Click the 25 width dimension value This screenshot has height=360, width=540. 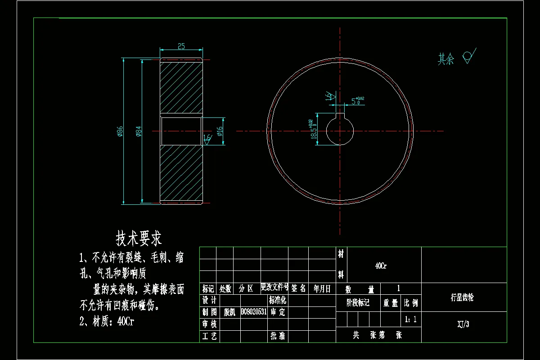click(181, 46)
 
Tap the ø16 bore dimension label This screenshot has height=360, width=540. click(220, 131)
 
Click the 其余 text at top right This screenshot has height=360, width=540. click(446, 59)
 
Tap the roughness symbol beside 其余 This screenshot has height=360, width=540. click(469, 56)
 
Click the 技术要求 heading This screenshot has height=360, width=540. click(139, 238)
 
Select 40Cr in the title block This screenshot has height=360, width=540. click(381, 266)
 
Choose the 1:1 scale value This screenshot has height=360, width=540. click(410, 320)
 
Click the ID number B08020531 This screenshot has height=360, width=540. click(254, 312)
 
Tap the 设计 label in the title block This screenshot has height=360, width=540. click(210, 300)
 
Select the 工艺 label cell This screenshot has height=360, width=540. click(210, 336)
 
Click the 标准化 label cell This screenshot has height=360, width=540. click(278, 300)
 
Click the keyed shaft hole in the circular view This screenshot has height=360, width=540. click(340, 130)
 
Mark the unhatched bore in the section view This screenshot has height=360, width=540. click(181, 131)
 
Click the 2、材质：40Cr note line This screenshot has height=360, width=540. click(107, 321)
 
